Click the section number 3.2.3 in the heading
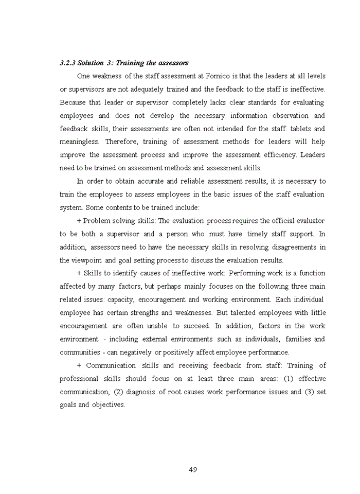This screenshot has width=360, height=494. [67, 63]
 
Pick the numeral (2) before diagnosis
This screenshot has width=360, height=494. [117, 392]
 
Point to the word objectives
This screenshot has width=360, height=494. [109, 405]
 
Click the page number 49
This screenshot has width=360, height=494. [193, 470]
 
